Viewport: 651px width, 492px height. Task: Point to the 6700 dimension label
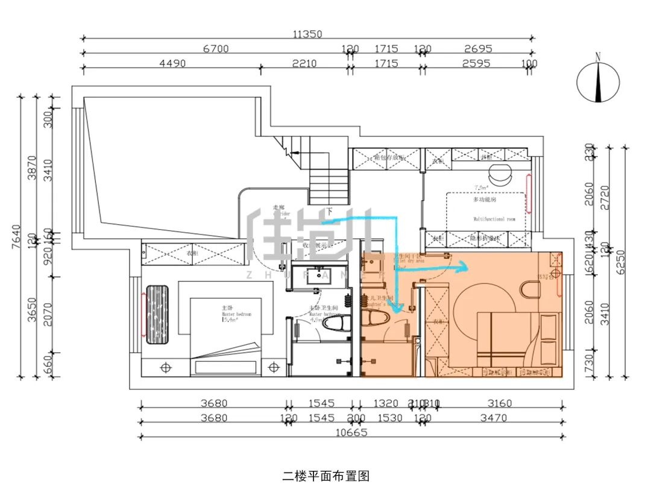216,49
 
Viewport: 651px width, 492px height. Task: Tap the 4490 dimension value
172,63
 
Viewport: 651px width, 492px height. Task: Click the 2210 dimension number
304,63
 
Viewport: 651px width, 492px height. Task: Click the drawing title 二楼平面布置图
325,476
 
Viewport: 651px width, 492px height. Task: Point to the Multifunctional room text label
494,219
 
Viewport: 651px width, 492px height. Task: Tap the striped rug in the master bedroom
160,314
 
